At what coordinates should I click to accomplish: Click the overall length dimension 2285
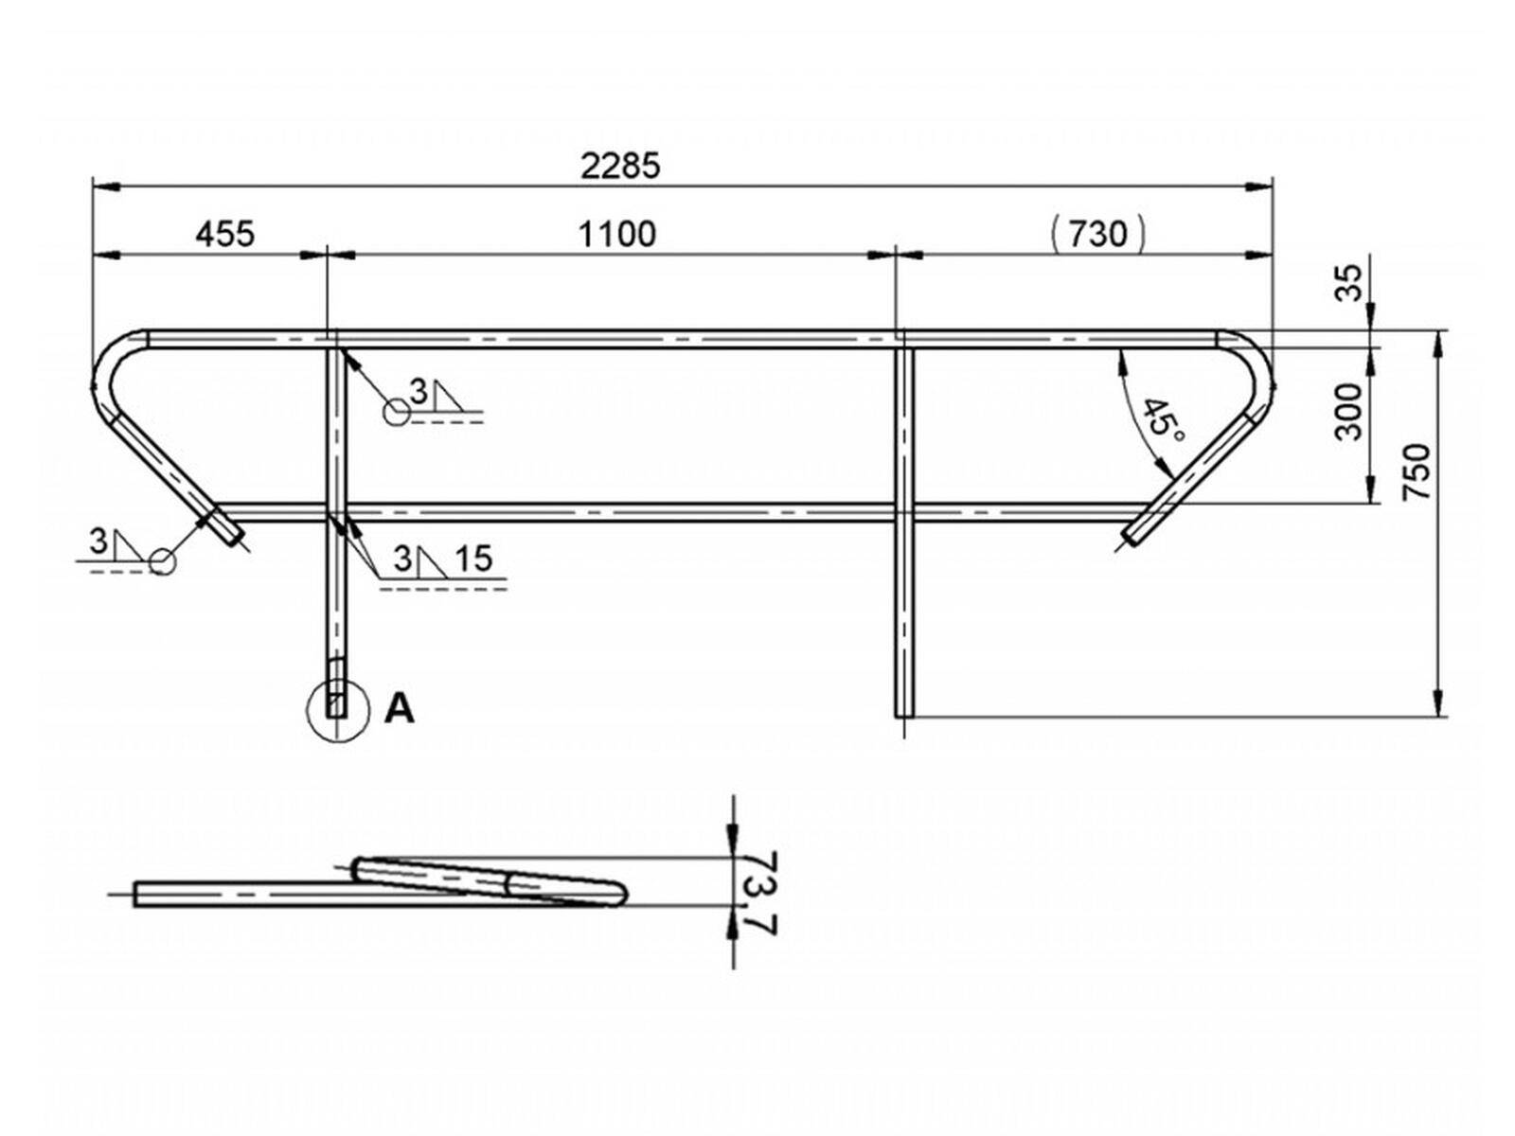click(620, 167)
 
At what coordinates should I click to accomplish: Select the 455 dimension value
click(225, 233)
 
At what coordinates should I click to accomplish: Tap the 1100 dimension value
click(617, 233)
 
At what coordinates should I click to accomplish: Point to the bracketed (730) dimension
click(1098, 233)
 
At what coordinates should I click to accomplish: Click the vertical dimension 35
click(1350, 282)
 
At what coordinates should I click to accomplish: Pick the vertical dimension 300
click(1350, 412)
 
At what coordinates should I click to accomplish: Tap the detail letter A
click(400, 708)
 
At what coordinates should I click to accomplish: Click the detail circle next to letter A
click(338, 711)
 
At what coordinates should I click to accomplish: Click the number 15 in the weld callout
click(473, 559)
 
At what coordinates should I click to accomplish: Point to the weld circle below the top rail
click(396, 412)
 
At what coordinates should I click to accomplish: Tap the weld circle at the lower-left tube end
click(163, 562)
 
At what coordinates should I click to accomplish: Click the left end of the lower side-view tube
click(137, 894)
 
